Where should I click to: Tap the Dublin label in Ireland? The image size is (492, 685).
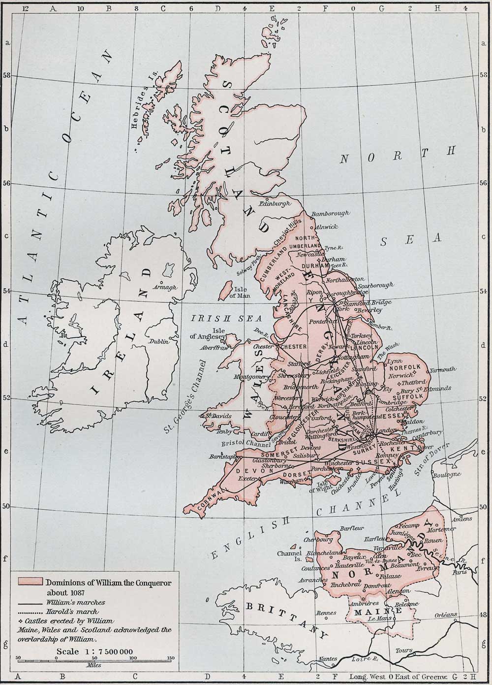click(x=160, y=341)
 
